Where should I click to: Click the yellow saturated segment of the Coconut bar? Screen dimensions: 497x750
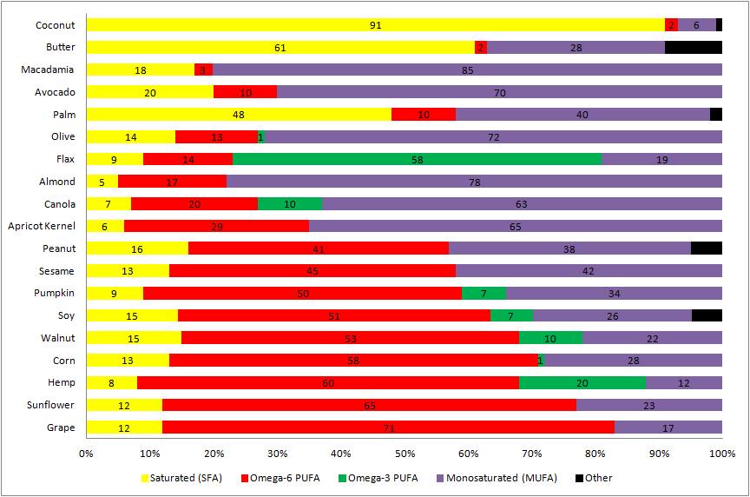[x=375, y=25]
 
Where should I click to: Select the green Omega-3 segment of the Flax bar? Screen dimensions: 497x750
[x=417, y=159]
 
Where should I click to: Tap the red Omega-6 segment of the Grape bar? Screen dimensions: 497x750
[x=388, y=427]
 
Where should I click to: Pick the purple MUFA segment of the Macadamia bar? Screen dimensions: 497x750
[x=467, y=70]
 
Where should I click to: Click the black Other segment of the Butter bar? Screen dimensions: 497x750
[x=693, y=48]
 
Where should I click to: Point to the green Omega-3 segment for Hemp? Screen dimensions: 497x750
[x=582, y=382]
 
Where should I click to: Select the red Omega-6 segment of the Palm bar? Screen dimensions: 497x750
[x=423, y=115]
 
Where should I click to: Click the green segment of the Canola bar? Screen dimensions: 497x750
[x=289, y=204]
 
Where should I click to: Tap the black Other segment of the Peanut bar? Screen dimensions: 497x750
[x=706, y=248]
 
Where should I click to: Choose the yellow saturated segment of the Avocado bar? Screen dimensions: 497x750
[x=149, y=92]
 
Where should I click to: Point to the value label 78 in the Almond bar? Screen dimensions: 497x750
[x=474, y=182]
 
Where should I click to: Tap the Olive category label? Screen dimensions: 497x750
[x=62, y=136]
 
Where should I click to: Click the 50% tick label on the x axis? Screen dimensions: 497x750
[x=405, y=453]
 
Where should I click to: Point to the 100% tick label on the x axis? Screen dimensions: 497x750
[x=721, y=453]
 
